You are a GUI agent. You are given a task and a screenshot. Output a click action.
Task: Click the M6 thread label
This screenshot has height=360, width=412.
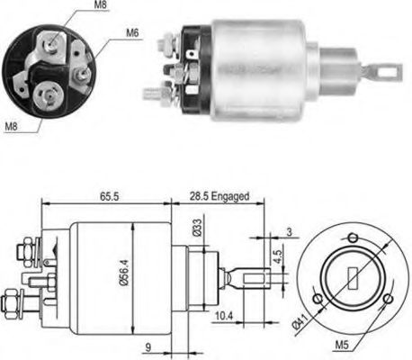coord(131,35)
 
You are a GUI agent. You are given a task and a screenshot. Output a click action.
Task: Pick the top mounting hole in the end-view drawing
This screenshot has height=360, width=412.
coord(353,237)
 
